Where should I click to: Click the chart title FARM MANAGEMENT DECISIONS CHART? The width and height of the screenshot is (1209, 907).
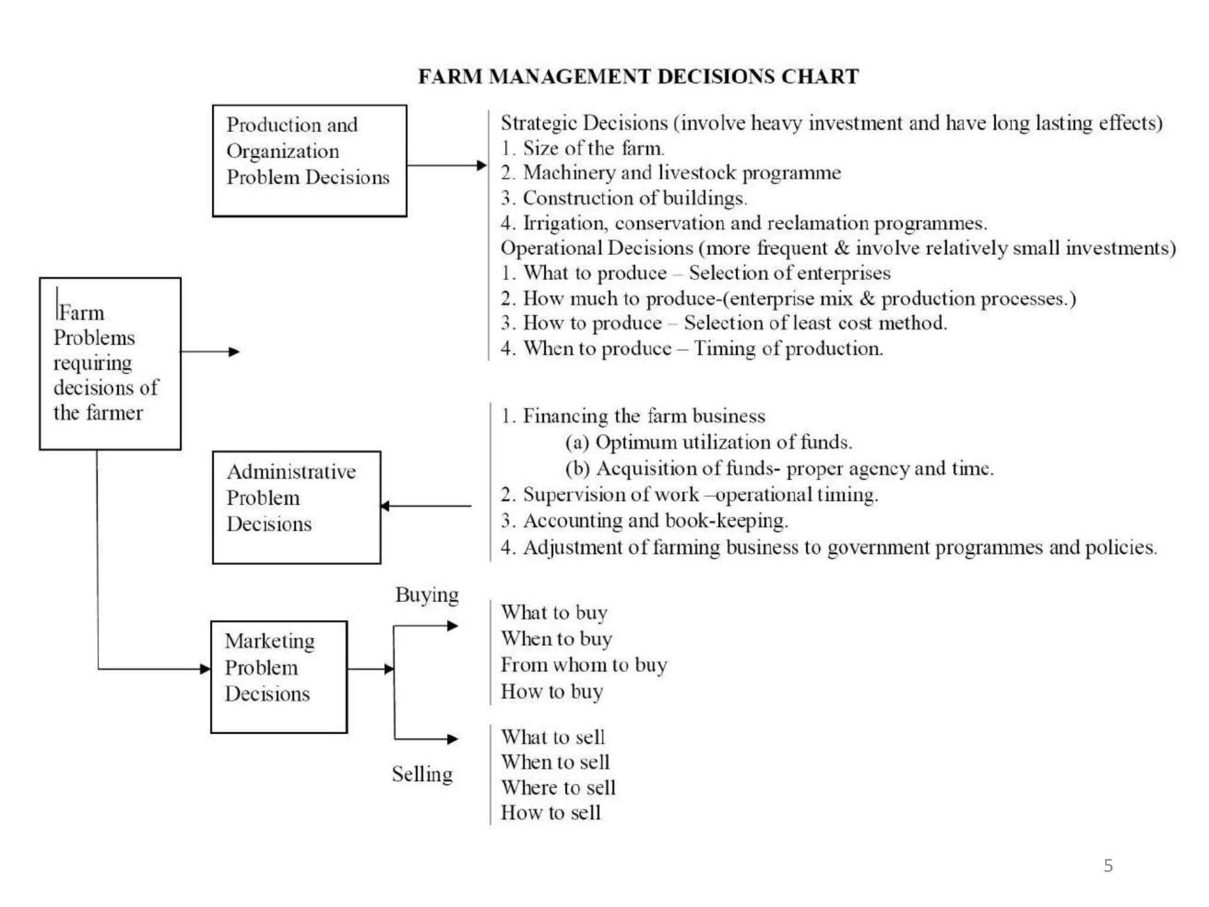pyautogui.click(x=638, y=77)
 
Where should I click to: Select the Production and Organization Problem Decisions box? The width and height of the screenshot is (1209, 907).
pyautogui.click(x=309, y=161)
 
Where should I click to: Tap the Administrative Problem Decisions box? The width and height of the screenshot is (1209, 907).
pyautogui.click(x=296, y=507)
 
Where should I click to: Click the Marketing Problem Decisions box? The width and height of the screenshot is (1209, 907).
pyautogui.click(x=279, y=677)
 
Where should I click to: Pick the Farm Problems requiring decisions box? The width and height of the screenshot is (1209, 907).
pyautogui.click(x=110, y=363)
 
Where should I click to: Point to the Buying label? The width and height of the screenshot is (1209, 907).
pyautogui.click(x=427, y=595)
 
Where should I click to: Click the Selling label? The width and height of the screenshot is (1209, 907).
pyautogui.click(x=422, y=774)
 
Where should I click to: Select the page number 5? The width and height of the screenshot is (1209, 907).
pyautogui.click(x=1108, y=866)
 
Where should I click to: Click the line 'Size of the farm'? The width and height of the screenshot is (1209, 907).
pyautogui.click(x=583, y=148)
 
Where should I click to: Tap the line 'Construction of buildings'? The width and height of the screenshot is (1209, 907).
pyautogui.click(x=624, y=198)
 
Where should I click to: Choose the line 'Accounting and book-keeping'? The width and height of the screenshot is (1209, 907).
pyautogui.click(x=644, y=520)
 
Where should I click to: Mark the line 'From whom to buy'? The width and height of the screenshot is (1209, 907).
pyautogui.click(x=584, y=665)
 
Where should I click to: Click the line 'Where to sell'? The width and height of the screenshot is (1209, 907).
pyautogui.click(x=558, y=787)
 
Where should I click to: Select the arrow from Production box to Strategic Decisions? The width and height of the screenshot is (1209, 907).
pyautogui.click(x=446, y=165)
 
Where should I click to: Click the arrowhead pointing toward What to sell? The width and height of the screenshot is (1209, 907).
pyautogui.click(x=452, y=739)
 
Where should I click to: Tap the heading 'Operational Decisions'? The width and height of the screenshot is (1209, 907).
pyautogui.click(x=597, y=248)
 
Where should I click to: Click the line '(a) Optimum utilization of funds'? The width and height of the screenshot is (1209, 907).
pyautogui.click(x=708, y=442)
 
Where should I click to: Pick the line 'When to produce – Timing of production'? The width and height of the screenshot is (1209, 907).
pyautogui.click(x=692, y=348)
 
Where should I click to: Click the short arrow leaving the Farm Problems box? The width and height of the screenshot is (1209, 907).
pyautogui.click(x=210, y=352)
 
